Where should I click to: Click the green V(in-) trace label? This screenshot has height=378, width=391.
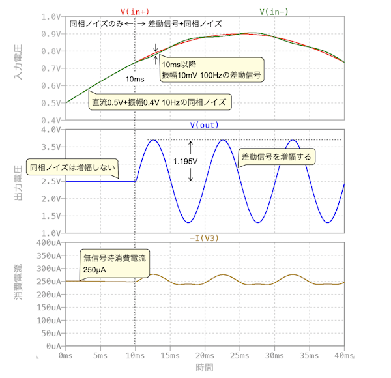[274, 12]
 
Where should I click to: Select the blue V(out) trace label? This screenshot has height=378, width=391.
[204, 124]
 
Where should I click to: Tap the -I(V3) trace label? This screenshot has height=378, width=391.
[204, 237]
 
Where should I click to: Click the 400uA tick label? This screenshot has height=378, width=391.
[49, 242]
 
